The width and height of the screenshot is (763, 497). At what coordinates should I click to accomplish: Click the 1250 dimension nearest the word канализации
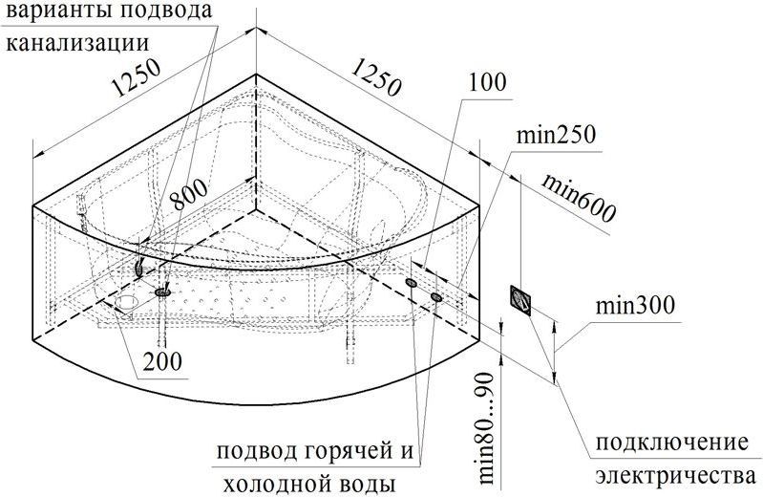[x=136, y=77]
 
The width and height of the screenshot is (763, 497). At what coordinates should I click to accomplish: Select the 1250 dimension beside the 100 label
[x=376, y=76]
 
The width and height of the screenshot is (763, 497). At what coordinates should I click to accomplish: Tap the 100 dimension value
[x=488, y=83]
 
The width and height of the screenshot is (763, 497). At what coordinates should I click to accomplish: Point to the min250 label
[x=556, y=135]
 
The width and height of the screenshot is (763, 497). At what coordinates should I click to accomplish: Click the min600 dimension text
[x=579, y=197]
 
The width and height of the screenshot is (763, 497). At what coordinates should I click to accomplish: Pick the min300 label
[x=635, y=306]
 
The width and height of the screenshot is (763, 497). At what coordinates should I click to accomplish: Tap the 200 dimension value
[x=162, y=361]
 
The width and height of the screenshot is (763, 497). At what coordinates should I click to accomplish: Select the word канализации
[x=77, y=43]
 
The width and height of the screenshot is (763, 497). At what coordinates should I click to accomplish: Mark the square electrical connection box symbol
[x=520, y=301]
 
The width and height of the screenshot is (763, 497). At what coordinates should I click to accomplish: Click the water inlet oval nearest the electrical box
[x=436, y=296]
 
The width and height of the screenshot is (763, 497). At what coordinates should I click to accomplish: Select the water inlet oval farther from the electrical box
[x=412, y=283]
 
